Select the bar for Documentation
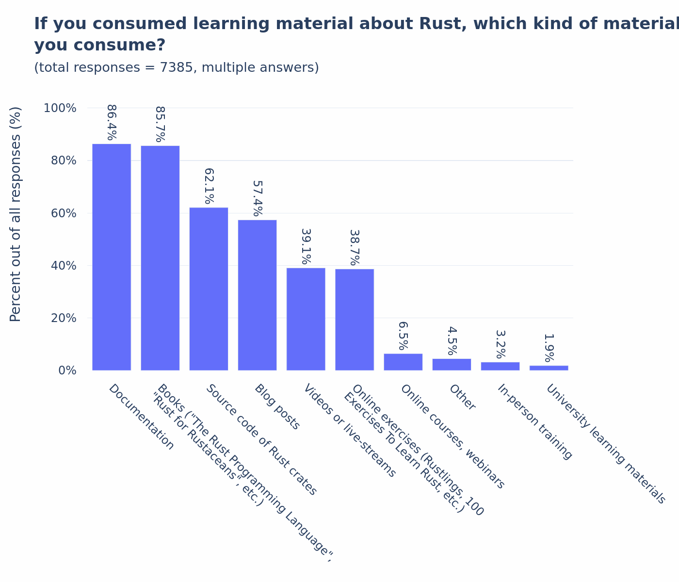click(112, 257)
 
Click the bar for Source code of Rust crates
click(209, 289)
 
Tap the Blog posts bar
click(257, 295)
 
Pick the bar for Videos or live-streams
click(306, 319)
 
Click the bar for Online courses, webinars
click(403, 362)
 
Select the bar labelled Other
click(452, 364)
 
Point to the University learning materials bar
click(549, 368)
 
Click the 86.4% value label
click(112, 122)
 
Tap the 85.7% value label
click(160, 124)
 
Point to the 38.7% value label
click(355, 247)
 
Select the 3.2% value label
click(500, 344)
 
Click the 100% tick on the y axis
click(60, 108)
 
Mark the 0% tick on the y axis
click(67, 371)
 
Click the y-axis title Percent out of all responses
click(16, 214)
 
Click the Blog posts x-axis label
click(277, 407)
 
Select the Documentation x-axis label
click(141, 417)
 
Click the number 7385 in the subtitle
click(178, 68)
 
